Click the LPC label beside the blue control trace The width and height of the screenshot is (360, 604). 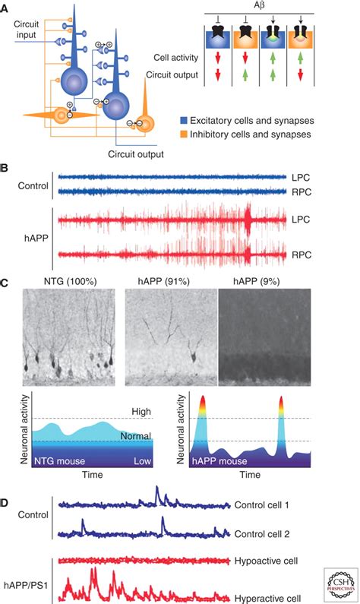pyautogui.click(x=298, y=176)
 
